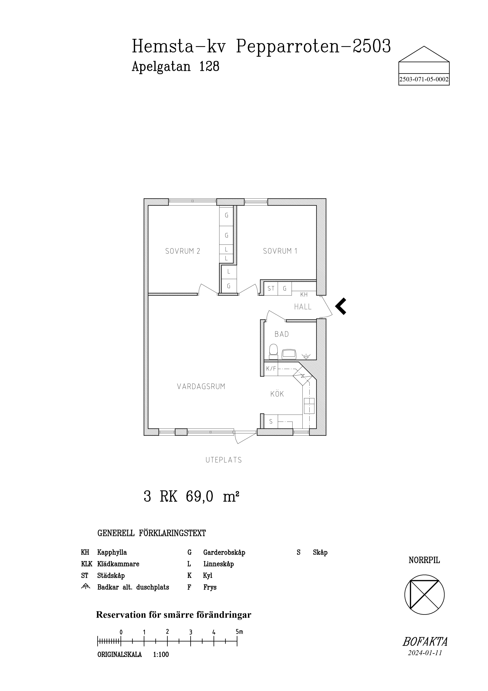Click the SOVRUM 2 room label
[x=182, y=251]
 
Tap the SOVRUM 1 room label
[x=280, y=251]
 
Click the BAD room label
[x=282, y=334]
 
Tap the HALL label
[x=303, y=307]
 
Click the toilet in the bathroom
[x=273, y=352]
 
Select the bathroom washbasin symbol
[x=289, y=354]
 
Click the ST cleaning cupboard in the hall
[x=271, y=288]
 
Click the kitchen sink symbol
[x=309, y=406]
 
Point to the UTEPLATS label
[x=224, y=460]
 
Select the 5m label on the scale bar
[x=239, y=632]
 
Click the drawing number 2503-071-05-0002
[x=424, y=80]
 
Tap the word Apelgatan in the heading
[x=161, y=67]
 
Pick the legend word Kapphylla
[x=112, y=553]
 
